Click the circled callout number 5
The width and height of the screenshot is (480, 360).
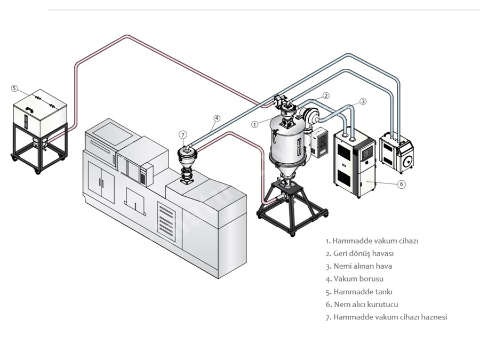point(14,88)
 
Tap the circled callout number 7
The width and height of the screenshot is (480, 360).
point(183,135)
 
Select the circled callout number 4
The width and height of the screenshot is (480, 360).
point(217,118)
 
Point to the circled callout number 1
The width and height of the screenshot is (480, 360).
point(255,124)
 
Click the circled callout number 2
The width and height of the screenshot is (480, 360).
point(326,95)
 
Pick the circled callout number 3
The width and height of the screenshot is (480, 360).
point(363,101)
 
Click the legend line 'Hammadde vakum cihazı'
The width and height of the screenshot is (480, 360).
point(372,241)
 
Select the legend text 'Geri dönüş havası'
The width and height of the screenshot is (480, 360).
point(359,253)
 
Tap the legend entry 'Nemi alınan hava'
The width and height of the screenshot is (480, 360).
point(359,266)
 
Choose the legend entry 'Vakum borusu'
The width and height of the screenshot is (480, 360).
point(355,279)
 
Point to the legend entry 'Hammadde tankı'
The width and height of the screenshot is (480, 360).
point(359,292)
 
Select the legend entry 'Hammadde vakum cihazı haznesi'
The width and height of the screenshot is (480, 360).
point(386,317)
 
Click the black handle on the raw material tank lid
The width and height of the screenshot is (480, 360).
point(30,109)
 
